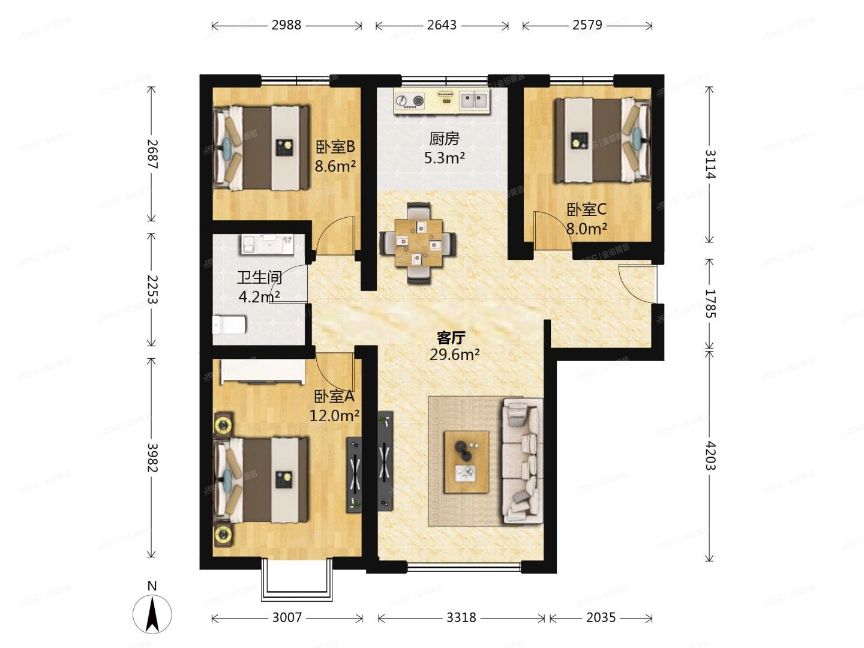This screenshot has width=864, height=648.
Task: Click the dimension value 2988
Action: (x=286, y=25)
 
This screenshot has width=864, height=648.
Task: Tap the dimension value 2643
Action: (x=442, y=25)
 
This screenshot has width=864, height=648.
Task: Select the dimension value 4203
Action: (x=710, y=455)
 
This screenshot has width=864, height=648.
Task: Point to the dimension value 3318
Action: (x=461, y=617)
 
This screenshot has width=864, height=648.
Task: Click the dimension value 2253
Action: (x=152, y=289)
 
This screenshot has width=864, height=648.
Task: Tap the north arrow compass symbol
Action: (x=152, y=612)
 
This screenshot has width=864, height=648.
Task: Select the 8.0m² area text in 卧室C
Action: (x=587, y=229)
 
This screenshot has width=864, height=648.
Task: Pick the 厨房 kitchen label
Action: (x=444, y=139)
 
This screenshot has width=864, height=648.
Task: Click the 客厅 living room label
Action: (x=451, y=337)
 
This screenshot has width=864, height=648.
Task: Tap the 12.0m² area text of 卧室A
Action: (x=334, y=415)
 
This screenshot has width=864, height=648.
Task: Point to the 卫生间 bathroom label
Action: (x=259, y=278)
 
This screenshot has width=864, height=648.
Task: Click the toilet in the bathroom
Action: (x=230, y=325)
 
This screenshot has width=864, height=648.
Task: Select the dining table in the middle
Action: (x=418, y=242)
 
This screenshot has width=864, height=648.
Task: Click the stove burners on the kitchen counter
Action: (x=410, y=101)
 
